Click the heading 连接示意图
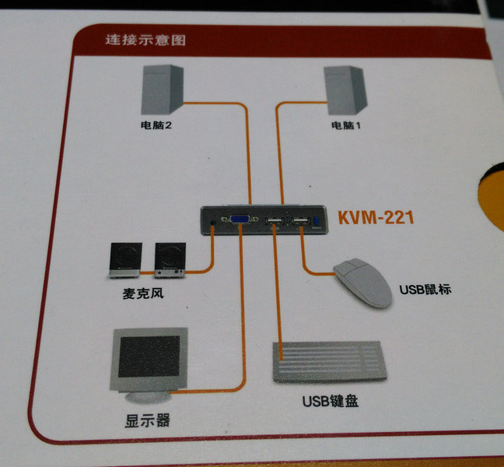145,40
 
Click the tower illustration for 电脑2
163,90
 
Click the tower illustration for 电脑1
345,91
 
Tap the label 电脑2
156,125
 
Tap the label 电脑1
346,125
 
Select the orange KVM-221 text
376,217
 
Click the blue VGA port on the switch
240,219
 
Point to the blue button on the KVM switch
316,221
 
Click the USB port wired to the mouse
301,221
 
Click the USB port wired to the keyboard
274,221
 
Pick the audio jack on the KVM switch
212,223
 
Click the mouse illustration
362,283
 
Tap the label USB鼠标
425,290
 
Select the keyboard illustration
330,362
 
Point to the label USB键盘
331,401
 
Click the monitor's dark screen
149,356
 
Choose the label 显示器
147,420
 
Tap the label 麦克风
143,293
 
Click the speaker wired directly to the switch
170,260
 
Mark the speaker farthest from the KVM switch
125,260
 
